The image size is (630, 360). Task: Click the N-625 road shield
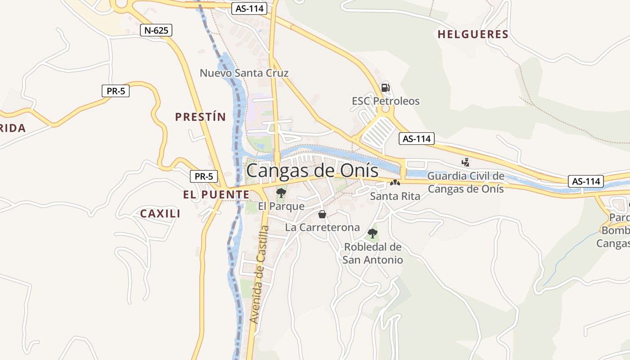(x=156, y=31)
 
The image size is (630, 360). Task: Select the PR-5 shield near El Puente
(x=204, y=176)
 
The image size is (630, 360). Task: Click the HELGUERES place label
(x=473, y=34)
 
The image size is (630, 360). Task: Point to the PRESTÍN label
(x=200, y=117)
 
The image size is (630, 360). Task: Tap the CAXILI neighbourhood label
(x=160, y=213)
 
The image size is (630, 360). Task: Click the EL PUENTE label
(x=216, y=194)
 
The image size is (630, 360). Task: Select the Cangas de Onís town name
(x=312, y=171)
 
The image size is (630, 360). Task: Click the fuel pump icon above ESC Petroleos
(x=385, y=87)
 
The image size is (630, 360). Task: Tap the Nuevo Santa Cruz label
(x=244, y=73)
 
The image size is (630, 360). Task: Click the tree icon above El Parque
(x=281, y=193)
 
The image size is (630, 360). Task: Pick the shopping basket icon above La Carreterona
(x=322, y=214)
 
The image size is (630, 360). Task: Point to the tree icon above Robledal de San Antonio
(x=372, y=233)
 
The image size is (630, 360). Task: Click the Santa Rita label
(x=395, y=196)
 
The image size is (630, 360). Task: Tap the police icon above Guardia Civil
(x=466, y=162)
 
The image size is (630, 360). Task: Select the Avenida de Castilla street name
(x=260, y=274)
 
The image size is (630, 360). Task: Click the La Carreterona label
(x=322, y=227)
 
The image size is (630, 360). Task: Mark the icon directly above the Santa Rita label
(x=395, y=183)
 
